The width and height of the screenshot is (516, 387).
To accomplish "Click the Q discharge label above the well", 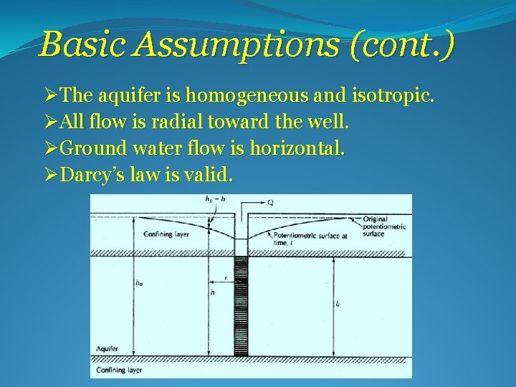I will (270, 203).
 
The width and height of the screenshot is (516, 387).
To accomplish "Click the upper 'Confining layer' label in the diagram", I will (167, 234).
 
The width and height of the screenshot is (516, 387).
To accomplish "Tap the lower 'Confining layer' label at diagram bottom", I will (119, 371).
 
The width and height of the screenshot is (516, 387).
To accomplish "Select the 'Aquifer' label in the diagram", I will (107, 348).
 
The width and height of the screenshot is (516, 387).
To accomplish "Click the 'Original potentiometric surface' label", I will (383, 226).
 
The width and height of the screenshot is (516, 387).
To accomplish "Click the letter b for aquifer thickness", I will (338, 305).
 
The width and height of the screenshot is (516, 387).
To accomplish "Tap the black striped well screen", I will (241, 305).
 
